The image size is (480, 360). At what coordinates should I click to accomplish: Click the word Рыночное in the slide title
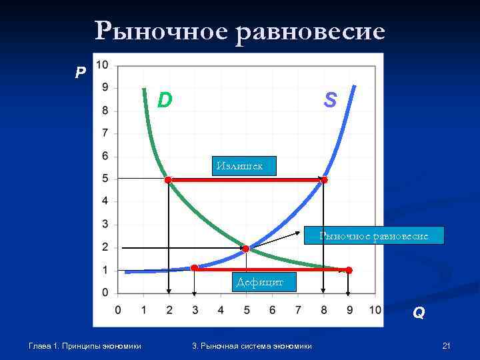click(160, 31)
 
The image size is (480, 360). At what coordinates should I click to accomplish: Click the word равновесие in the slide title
click(311, 31)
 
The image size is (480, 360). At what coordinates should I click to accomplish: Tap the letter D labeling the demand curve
click(165, 100)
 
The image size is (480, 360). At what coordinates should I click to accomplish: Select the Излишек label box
click(243, 165)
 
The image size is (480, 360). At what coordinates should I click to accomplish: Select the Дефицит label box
click(259, 283)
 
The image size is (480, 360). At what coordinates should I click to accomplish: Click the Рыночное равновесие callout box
click(373, 235)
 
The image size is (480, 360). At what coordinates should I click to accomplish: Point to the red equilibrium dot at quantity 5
click(246, 249)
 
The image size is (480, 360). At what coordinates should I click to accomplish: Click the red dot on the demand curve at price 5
click(168, 180)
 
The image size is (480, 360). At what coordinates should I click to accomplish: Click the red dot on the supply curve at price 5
click(324, 180)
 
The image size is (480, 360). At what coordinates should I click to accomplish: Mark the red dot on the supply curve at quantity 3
click(194, 268)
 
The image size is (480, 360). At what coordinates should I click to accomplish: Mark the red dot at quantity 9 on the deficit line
click(349, 270)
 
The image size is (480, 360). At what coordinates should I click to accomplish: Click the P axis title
click(81, 73)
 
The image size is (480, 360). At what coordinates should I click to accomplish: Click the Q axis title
click(418, 312)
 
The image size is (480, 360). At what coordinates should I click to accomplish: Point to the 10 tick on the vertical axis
click(103, 65)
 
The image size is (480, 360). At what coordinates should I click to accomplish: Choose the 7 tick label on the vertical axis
click(105, 133)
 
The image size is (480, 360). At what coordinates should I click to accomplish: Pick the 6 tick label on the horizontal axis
click(272, 309)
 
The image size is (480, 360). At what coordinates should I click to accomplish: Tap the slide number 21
click(446, 345)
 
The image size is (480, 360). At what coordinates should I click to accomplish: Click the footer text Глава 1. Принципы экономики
click(85, 345)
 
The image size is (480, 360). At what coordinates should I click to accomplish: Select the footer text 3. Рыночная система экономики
click(251, 345)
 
